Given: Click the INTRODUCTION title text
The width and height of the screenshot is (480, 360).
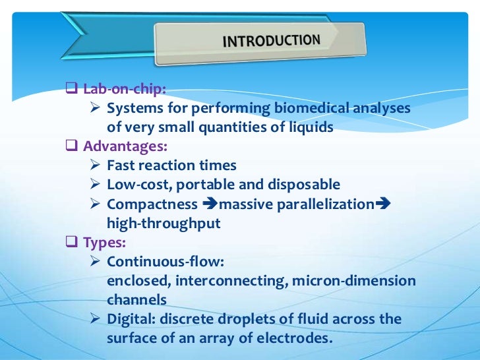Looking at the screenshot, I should coord(272,41).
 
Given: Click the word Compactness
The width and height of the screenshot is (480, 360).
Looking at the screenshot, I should coord(152,204).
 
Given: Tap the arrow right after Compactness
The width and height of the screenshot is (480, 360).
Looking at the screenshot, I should coord(210,204).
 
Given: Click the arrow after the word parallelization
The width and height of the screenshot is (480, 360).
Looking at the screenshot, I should coord(383,204).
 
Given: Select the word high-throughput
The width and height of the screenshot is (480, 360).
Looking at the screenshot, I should coord(164,224).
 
